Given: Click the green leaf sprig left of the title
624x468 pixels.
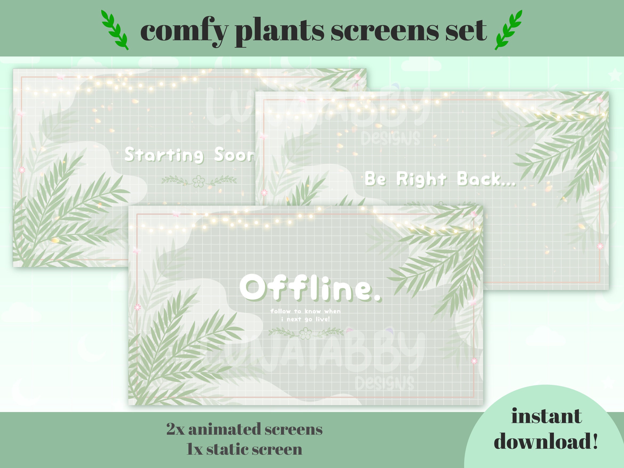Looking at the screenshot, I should point(115,30).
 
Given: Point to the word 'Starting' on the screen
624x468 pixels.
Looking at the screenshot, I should point(164,155).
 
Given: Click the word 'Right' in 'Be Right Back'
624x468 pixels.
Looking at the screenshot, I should point(421,179).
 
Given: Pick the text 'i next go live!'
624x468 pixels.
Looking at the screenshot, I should point(305,319).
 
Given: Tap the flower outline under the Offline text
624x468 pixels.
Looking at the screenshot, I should point(305,333).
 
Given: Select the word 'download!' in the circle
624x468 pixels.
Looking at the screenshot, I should point(546,441).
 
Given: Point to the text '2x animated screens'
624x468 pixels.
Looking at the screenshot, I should point(244,429).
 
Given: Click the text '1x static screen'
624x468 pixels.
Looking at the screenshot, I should point(244,449).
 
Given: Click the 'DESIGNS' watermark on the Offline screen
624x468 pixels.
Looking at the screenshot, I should point(384,383).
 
